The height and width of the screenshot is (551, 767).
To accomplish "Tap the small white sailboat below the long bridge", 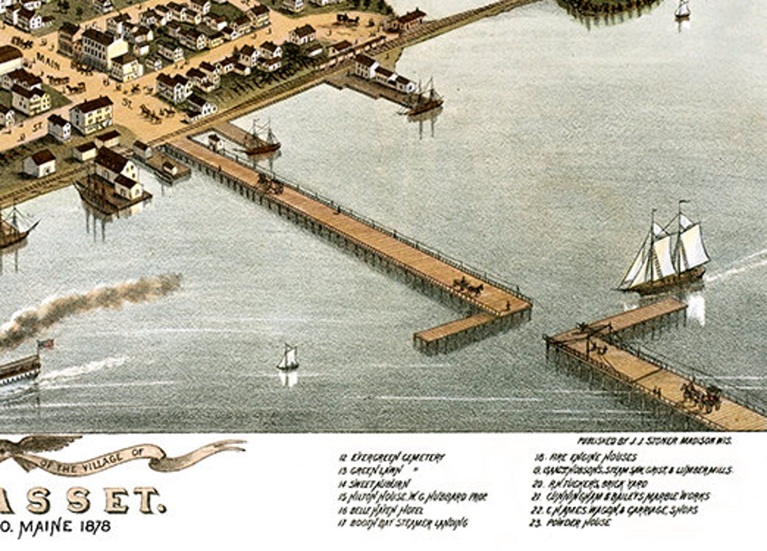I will click(x=288, y=359).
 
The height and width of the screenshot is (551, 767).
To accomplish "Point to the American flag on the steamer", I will click(x=45, y=344).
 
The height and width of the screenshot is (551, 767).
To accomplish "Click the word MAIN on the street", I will click(x=48, y=62).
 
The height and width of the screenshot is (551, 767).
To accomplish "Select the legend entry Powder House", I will click(x=572, y=523).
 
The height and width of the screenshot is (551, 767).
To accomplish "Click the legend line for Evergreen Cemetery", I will click(x=391, y=457).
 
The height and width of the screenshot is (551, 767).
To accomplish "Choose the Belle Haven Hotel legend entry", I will click(x=382, y=509).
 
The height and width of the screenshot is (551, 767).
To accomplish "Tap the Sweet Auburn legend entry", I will click(x=375, y=483).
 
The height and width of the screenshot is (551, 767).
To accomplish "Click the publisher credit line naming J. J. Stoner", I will click(x=654, y=440).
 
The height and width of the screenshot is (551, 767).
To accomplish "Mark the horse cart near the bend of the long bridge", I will click(x=468, y=286).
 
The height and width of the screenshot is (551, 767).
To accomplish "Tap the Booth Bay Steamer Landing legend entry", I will click(x=403, y=523).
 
